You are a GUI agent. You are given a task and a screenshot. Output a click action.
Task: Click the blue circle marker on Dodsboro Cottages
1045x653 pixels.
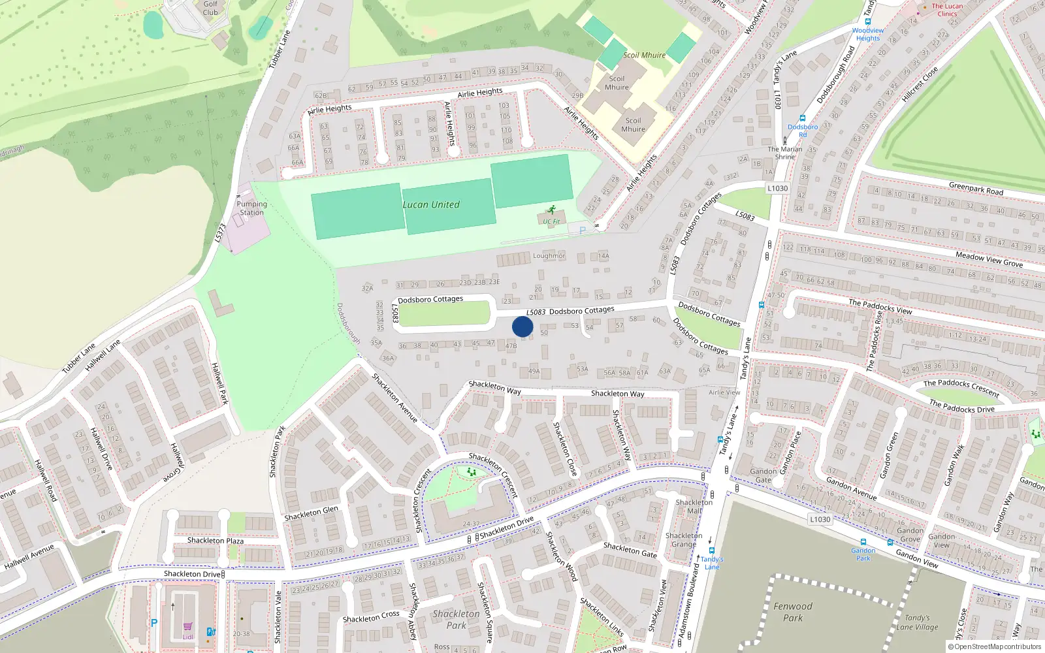click(x=522, y=326)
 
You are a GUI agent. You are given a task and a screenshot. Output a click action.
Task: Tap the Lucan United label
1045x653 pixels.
click(x=431, y=204)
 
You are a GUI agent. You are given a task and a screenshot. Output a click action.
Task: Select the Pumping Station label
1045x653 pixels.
click(x=251, y=208)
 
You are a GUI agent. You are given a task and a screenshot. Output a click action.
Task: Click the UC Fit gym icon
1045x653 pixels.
click(x=551, y=210)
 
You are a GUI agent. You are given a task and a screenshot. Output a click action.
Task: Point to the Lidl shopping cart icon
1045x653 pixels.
click(x=187, y=626)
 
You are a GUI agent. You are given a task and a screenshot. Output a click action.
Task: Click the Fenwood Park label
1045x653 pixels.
click(x=793, y=612)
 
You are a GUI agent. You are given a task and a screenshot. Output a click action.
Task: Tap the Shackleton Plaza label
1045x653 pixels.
click(x=216, y=541)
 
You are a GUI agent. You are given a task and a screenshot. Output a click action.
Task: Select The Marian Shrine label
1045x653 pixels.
click(x=785, y=153)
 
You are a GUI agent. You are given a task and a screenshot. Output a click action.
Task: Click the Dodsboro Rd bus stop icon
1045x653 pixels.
click(x=803, y=119)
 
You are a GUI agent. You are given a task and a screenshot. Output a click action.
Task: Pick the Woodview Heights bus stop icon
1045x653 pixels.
click(x=867, y=22)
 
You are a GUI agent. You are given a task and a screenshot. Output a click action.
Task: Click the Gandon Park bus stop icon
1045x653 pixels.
click(x=863, y=542)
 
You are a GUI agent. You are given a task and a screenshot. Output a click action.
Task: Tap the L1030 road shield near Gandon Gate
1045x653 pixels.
click(x=820, y=520)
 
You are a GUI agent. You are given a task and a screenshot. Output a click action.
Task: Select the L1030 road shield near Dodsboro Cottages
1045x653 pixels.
click(x=777, y=188)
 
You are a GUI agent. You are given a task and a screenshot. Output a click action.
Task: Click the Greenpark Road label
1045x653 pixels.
click(x=976, y=189)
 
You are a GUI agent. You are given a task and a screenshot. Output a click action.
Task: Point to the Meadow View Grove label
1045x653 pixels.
click(x=989, y=259)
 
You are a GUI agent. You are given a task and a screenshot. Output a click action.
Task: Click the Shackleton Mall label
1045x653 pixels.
click(x=694, y=507)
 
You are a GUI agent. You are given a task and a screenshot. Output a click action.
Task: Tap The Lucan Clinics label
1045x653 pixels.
click(x=947, y=10)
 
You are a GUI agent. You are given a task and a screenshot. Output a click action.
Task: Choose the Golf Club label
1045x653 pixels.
click(x=210, y=8)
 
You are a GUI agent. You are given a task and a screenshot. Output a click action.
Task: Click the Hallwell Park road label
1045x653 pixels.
click(x=219, y=383)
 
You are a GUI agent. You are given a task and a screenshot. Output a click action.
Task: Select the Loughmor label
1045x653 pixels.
click(x=549, y=256)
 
